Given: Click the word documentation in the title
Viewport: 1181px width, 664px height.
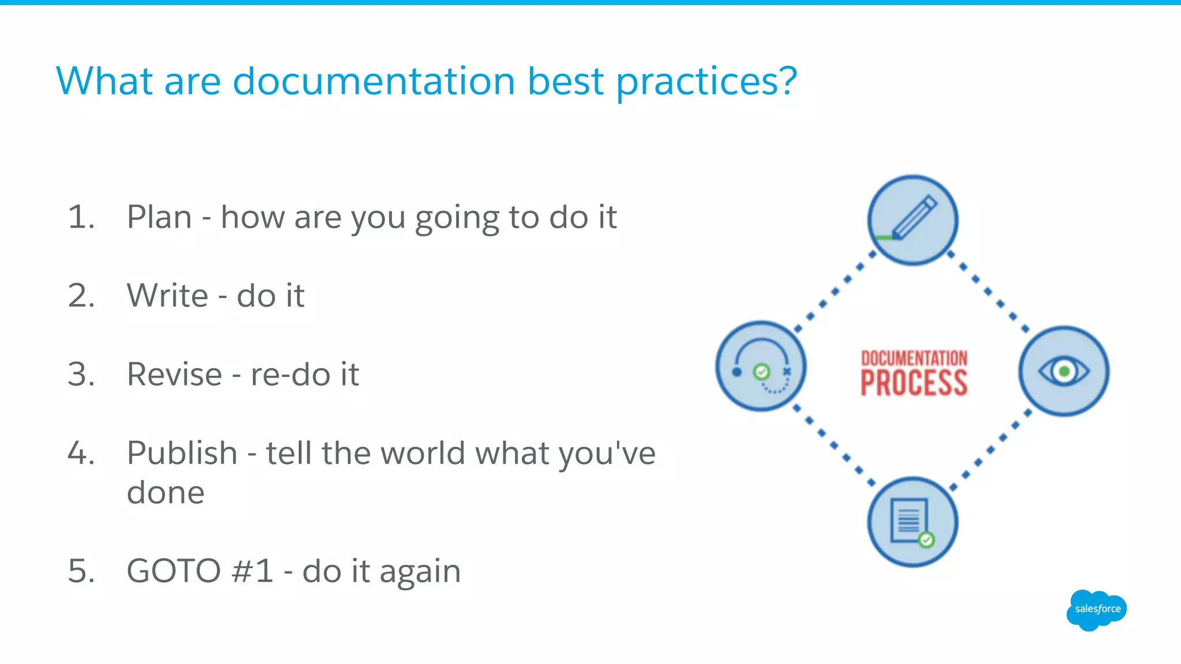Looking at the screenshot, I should coord(373,81).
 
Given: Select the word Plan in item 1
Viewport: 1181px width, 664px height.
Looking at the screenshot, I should coord(159,217).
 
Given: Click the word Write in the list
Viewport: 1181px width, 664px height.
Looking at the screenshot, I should coord(167,296).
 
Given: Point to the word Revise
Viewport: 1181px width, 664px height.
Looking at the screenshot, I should coord(174,375).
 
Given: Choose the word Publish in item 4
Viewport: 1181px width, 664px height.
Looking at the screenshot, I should coord(182,453).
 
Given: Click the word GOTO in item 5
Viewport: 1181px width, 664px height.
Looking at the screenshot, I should coord(174,571).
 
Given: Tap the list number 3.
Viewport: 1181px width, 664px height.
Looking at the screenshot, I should coord(80,375).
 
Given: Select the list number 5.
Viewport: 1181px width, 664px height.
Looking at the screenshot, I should coord(81,571).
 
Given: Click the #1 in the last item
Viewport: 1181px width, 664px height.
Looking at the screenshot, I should coord(252,571).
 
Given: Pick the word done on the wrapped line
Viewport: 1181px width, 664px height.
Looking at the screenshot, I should coord(166,493).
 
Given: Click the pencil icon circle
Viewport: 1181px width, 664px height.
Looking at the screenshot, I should coord(912,220).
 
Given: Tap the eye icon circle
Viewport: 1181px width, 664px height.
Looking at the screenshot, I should coord(1063,371).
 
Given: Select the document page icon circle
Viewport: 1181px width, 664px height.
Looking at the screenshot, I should coord(912,522).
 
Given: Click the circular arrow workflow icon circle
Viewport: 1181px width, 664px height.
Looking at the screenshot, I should coord(761,367).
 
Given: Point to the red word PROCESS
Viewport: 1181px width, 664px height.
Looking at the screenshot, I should coord(913,383).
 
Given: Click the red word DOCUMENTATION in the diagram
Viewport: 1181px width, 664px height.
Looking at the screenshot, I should coord(914,358).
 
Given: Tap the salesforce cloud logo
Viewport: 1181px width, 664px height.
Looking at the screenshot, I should coord(1096,610).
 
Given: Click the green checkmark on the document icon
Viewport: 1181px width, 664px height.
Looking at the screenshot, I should coord(927,539).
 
